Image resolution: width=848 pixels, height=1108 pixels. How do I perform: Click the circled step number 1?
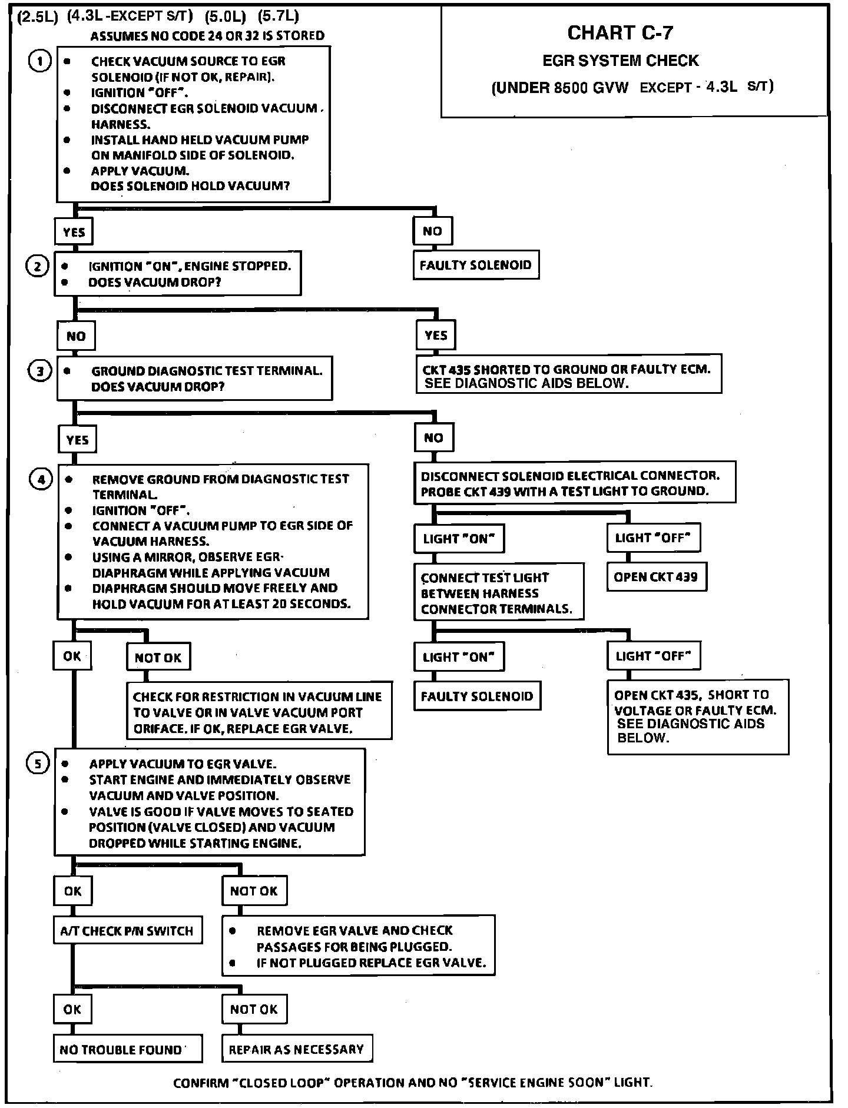39,61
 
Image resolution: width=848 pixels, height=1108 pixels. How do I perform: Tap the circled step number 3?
40,371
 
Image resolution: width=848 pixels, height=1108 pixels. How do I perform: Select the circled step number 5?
38,764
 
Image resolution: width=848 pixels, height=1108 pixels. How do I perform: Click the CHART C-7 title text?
620,33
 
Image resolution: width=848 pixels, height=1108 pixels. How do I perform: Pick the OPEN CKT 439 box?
656,577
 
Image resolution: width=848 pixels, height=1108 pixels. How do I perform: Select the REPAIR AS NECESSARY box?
297,1049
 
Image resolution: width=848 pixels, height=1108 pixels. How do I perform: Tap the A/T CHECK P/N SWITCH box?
127,931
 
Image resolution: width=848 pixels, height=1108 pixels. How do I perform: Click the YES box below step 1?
74,232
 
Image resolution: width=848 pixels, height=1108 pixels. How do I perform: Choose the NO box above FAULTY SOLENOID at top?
432,231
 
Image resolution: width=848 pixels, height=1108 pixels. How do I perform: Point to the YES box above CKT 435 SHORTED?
436,336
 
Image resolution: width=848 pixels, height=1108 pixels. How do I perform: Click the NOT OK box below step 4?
158,657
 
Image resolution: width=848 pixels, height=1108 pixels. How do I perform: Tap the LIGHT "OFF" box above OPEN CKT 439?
653,538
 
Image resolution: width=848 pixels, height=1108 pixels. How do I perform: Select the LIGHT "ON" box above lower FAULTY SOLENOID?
459,656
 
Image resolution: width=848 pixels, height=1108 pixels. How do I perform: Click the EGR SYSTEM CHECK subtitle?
620,61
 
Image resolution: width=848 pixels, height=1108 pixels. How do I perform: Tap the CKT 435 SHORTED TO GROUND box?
568,376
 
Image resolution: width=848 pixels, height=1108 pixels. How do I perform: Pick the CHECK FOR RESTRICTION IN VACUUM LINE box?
259,712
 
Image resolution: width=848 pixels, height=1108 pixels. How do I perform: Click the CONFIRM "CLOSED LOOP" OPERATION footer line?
413,1082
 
